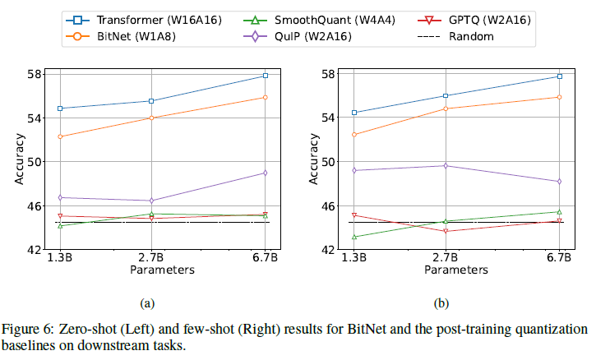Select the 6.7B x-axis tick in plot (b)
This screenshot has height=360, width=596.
(x=559, y=259)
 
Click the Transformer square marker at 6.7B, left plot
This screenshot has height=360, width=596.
(x=265, y=76)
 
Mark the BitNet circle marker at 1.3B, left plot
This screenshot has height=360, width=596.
(x=60, y=136)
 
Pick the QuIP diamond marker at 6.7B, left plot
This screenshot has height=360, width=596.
(x=265, y=173)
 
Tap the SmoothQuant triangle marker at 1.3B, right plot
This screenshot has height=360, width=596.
(x=354, y=237)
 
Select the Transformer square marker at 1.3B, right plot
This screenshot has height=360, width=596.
(x=354, y=113)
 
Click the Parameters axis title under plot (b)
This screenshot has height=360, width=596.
(x=456, y=270)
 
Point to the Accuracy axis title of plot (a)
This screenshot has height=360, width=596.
(x=19, y=161)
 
